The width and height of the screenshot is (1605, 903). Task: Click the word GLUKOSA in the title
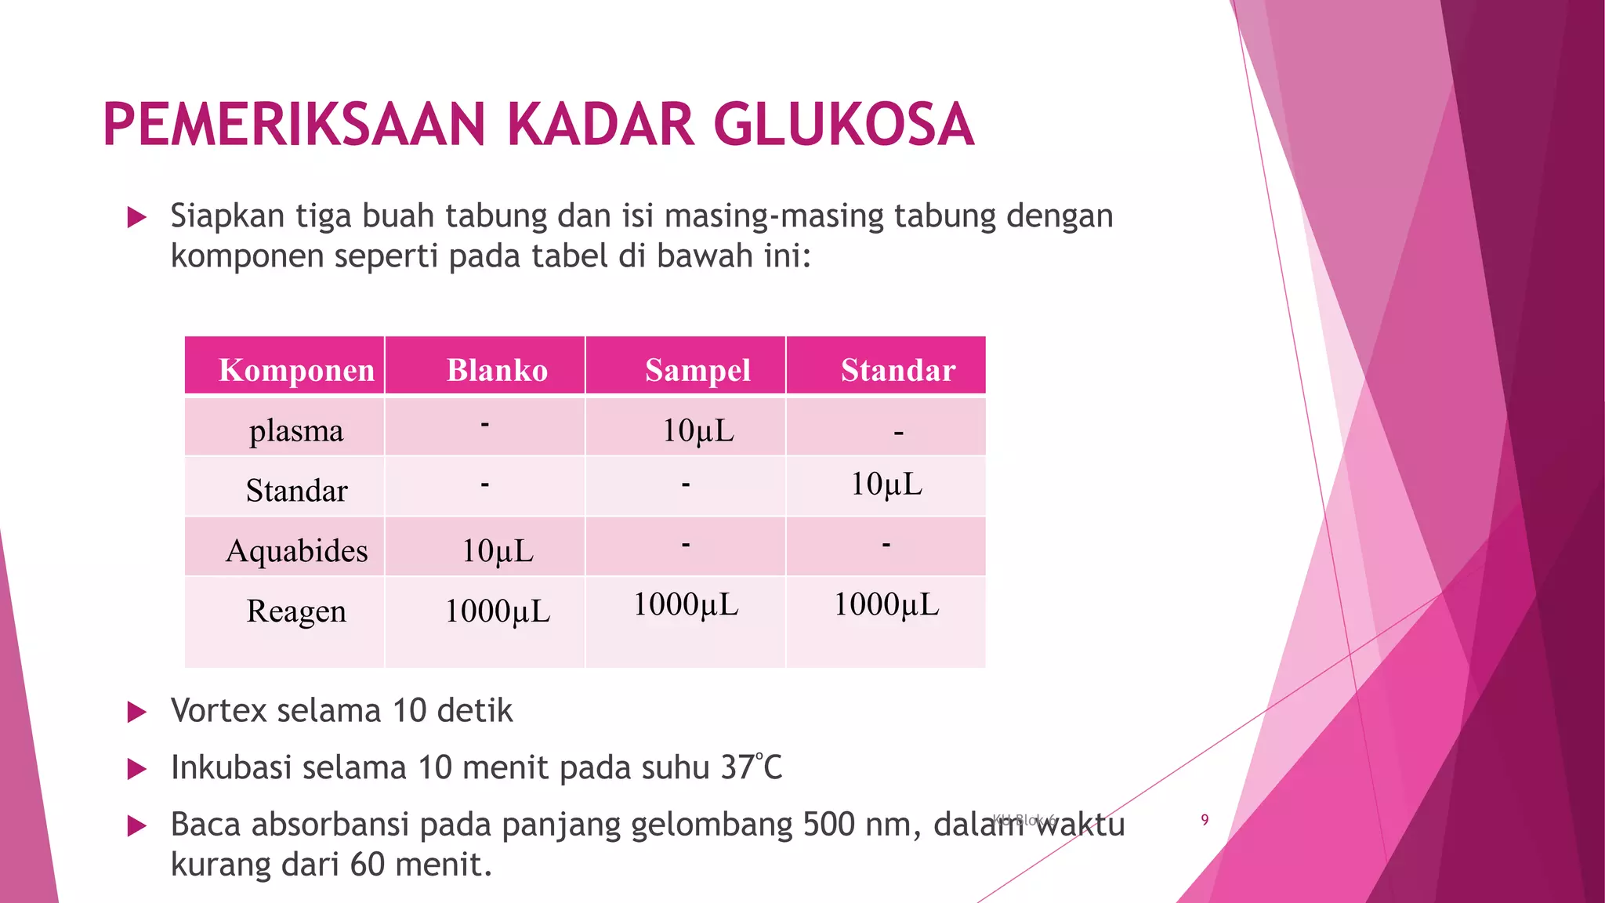click(x=844, y=125)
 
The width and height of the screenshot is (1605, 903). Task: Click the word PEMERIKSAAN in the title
click(x=294, y=125)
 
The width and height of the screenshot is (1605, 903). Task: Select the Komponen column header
click(x=296, y=370)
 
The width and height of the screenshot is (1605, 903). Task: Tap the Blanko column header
click(x=497, y=370)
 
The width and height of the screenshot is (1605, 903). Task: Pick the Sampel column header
click(x=697, y=370)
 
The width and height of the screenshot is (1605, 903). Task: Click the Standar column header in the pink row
click(x=898, y=370)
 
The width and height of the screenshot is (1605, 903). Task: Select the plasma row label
click(x=296, y=430)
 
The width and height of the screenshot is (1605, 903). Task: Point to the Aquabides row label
click(x=296, y=551)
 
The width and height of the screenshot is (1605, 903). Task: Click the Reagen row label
click(x=296, y=611)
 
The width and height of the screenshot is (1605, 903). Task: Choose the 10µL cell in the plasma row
click(x=697, y=430)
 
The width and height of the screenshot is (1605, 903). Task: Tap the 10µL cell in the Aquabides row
click(x=497, y=551)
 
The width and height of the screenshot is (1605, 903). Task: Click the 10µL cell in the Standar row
click(x=886, y=484)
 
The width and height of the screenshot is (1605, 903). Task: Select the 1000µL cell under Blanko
click(x=497, y=611)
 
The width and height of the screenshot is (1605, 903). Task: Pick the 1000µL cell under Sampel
click(x=686, y=604)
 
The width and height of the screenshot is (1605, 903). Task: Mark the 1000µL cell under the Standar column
click(x=886, y=604)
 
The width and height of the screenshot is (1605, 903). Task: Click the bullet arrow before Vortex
click(x=137, y=712)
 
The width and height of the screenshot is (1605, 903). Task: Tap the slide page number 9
click(x=1205, y=820)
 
